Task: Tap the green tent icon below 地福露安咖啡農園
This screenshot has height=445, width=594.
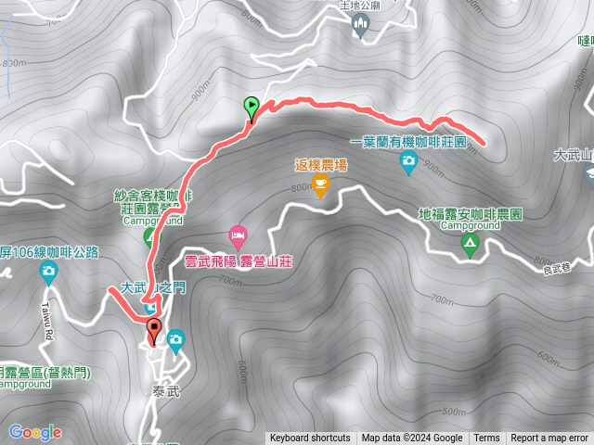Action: [x=470, y=245]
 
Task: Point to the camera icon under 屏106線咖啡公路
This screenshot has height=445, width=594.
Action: [x=48, y=272]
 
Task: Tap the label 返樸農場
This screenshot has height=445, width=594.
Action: [x=320, y=165]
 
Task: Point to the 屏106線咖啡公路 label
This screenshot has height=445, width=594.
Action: [x=45, y=251]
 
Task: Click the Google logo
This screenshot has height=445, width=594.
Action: [x=34, y=432]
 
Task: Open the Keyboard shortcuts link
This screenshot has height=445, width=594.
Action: [x=310, y=439]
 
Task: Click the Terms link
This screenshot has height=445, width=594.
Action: [x=486, y=439]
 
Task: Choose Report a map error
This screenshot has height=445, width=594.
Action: [x=549, y=439]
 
